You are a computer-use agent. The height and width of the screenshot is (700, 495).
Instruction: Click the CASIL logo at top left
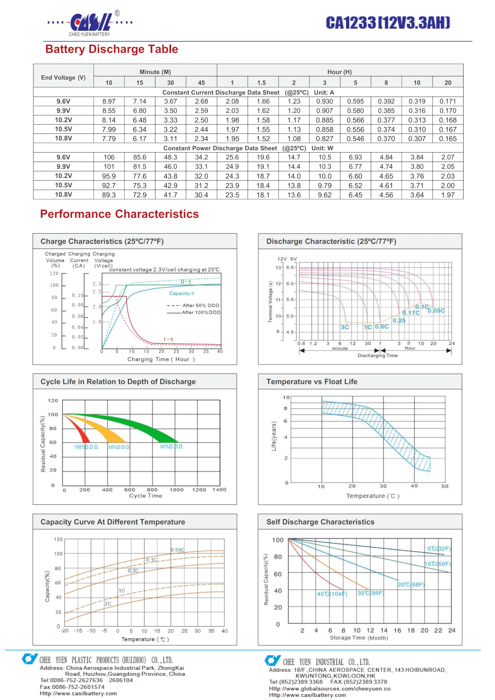pyautogui.click(x=90, y=24)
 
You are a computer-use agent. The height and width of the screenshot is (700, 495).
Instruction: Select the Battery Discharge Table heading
pyautogui.click(x=112, y=49)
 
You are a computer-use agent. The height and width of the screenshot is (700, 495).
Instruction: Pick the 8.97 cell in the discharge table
pyautogui.click(x=109, y=101)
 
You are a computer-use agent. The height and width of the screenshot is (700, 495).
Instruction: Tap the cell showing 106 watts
pyautogui.click(x=109, y=157)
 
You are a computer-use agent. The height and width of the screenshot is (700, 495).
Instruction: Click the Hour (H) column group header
pyautogui.click(x=339, y=72)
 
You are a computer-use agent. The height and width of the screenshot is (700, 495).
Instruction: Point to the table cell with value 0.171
pyautogui.click(x=448, y=101)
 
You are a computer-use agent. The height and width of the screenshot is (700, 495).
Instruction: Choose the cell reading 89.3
pyautogui.click(x=109, y=195)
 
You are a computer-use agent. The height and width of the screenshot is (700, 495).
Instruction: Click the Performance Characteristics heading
pyautogui.click(x=119, y=214)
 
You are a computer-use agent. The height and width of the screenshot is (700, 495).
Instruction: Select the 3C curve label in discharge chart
pyautogui.click(x=345, y=327)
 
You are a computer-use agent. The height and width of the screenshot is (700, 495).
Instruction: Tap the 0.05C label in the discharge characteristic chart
pyautogui.click(x=436, y=311)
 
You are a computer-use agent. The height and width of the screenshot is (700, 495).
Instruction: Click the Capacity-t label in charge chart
pyautogui.click(x=182, y=293)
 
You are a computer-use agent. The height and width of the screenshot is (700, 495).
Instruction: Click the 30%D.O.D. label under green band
pyautogui.click(x=172, y=447)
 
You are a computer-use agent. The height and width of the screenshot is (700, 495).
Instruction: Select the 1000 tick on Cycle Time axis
pyautogui.click(x=176, y=490)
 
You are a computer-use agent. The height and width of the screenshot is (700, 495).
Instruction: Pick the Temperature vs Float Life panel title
pyautogui.click(x=312, y=381)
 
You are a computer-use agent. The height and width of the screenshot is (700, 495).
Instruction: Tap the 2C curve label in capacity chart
pyautogui.click(x=108, y=604)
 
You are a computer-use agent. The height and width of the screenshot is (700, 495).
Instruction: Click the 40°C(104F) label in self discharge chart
pyautogui.click(x=332, y=594)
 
